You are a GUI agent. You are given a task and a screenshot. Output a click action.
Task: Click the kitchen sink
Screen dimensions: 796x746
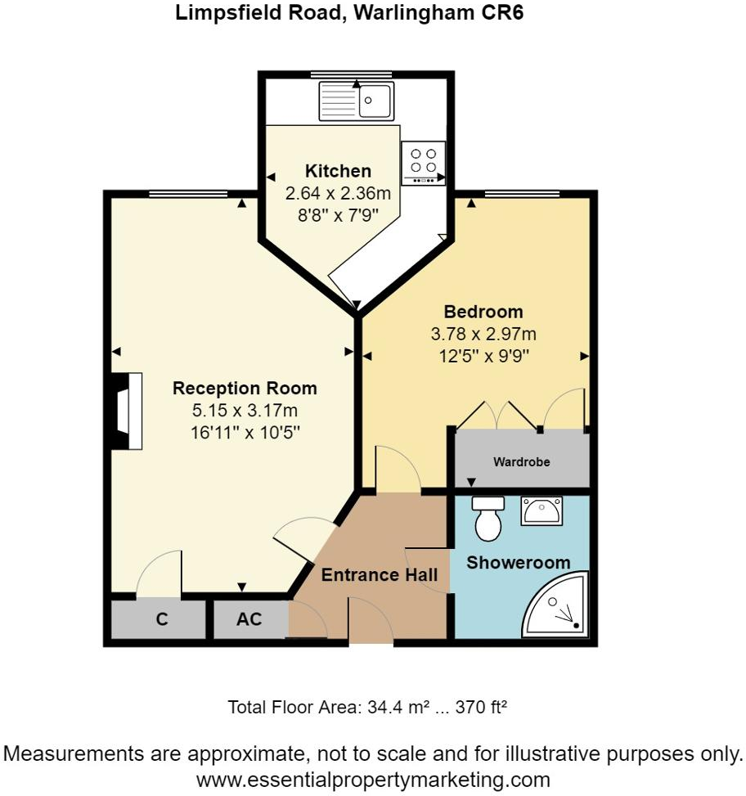click(x=357, y=101)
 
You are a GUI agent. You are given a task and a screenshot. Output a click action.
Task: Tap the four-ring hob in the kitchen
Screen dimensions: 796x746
click(x=423, y=162)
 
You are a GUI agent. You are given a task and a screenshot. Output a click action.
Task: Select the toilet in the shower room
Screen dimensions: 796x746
click(x=489, y=520)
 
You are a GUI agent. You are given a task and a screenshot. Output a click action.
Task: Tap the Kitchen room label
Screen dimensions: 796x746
click(x=338, y=171)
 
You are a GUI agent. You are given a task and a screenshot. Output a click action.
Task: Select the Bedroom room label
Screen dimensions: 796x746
click(x=483, y=312)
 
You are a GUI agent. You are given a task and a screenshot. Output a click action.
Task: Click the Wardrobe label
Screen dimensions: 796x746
click(x=521, y=462)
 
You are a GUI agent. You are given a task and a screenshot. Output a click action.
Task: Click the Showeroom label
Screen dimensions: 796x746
click(x=518, y=563)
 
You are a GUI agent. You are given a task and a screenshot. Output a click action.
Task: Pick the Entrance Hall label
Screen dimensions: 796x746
click(x=379, y=575)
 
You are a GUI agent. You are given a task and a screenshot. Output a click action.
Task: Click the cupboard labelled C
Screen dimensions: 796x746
click(x=161, y=620)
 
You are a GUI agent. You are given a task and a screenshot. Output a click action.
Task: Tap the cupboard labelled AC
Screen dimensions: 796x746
click(x=249, y=620)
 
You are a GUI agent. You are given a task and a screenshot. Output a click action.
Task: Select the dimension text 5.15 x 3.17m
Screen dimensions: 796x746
click(x=245, y=411)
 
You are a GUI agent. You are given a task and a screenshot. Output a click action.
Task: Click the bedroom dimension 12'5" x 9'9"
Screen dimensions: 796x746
click(x=483, y=356)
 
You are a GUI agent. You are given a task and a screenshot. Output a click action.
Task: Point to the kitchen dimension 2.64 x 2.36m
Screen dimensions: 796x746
click(x=338, y=194)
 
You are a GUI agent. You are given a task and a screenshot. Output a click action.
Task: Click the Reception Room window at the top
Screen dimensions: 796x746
click(x=188, y=194)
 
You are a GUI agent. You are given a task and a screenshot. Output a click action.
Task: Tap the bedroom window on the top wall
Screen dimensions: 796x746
click(x=522, y=194)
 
